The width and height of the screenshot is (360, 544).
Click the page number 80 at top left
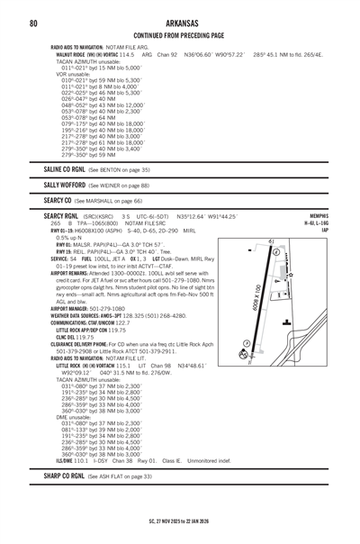[x=32, y=22]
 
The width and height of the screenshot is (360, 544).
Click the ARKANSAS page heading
[x=179, y=22]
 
